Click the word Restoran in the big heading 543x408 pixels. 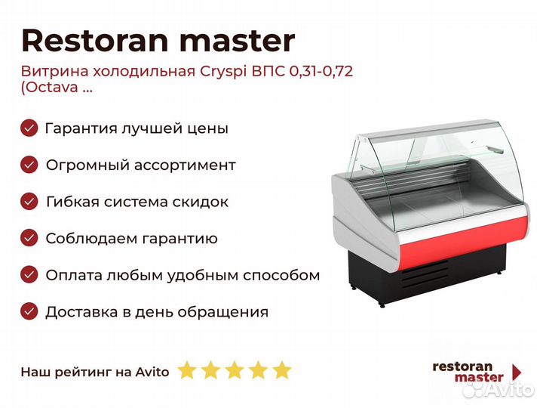(94, 41)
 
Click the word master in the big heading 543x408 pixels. (238, 42)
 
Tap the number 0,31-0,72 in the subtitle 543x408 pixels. (321, 72)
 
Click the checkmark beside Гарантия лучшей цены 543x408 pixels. (29, 128)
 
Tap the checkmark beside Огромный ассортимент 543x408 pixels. (29, 165)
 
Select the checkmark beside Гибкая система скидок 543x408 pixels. (29, 202)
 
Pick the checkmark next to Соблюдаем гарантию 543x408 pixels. (29, 238)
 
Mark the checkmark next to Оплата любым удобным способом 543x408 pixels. (29, 275)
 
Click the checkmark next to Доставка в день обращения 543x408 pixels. (29, 311)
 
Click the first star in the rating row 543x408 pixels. (187, 369)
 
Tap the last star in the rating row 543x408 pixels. (281, 369)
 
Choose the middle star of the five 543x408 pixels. (235, 369)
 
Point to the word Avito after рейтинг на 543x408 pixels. (152, 372)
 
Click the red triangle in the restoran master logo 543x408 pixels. (517, 372)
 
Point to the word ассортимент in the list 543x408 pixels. (185, 165)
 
